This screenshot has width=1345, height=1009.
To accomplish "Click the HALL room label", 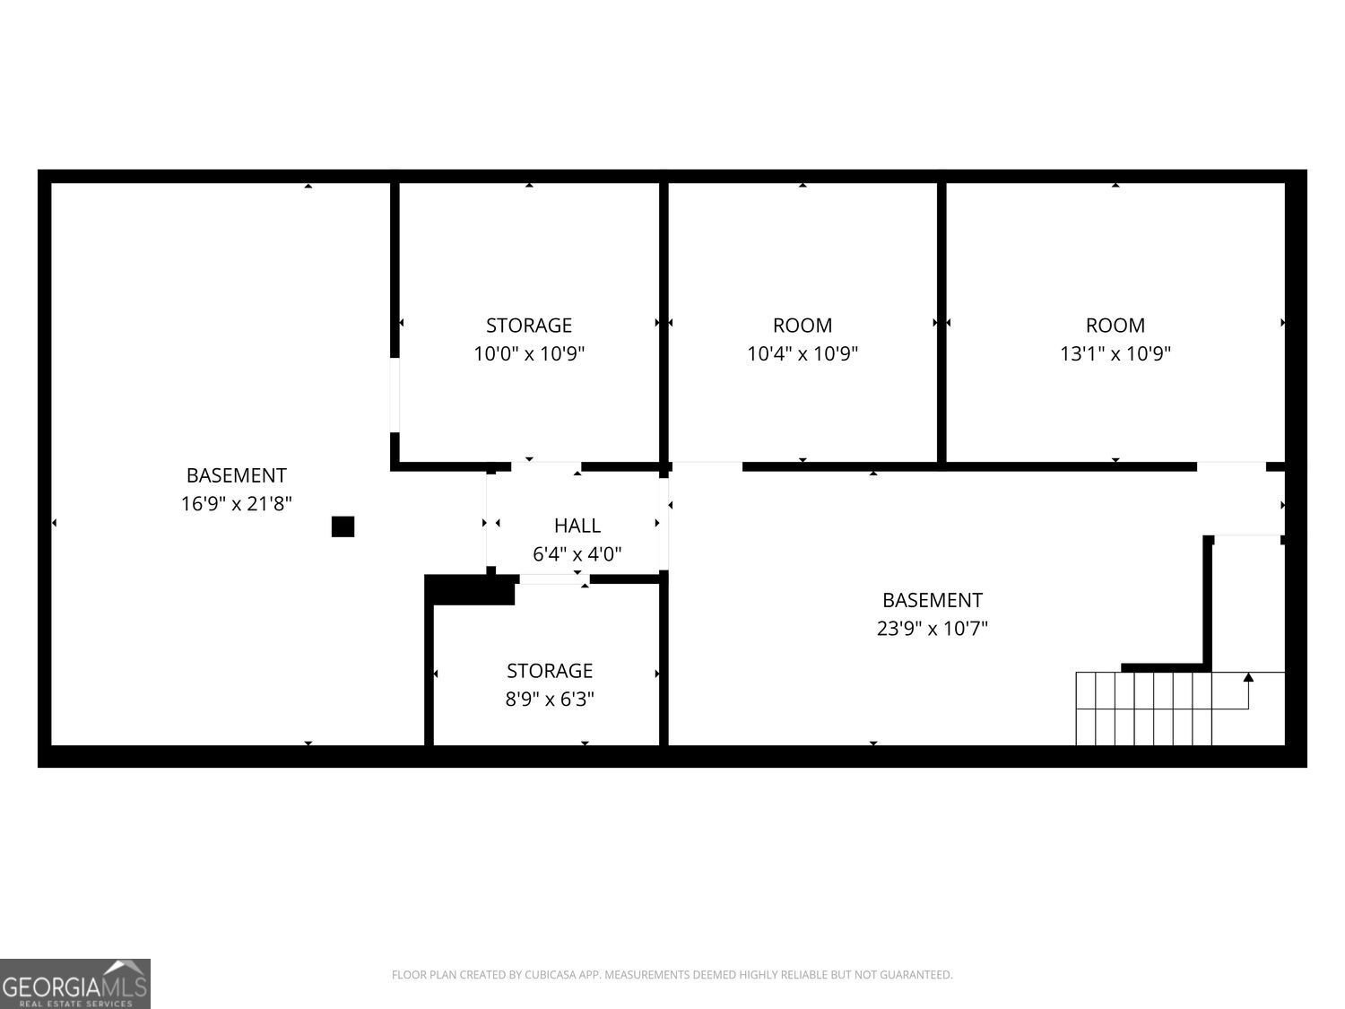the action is (577, 526).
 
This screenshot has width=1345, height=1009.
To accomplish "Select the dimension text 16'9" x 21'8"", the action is (236, 503).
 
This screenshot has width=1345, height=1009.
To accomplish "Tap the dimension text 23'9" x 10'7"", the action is (932, 629).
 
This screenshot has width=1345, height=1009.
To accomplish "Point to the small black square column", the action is (343, 526).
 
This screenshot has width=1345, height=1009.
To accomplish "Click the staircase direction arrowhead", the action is (1248, 677).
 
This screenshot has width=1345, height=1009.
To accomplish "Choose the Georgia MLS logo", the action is (74, 984).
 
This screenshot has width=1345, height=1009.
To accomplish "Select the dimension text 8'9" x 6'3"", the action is (550, 699).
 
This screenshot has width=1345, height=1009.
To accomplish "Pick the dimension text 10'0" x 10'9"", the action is (529, 353).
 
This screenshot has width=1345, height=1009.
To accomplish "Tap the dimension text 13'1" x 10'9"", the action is (1115, 353).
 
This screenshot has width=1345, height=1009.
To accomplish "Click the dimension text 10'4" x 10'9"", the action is (803, 353).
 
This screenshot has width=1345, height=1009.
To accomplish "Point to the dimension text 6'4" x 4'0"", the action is (577, 553).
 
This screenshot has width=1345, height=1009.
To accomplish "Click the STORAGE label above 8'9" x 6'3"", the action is (550, 671).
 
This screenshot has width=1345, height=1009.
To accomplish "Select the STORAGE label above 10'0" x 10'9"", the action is (529, 326).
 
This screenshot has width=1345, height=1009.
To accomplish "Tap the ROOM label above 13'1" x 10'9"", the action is (1115, 326).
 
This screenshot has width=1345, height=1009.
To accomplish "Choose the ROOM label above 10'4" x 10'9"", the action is (803, 326).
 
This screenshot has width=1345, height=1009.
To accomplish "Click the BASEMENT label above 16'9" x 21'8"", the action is (236, 475).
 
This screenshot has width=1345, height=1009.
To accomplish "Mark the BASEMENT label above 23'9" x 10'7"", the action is (932, 600).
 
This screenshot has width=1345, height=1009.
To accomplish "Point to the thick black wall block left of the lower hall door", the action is (470, 589).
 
